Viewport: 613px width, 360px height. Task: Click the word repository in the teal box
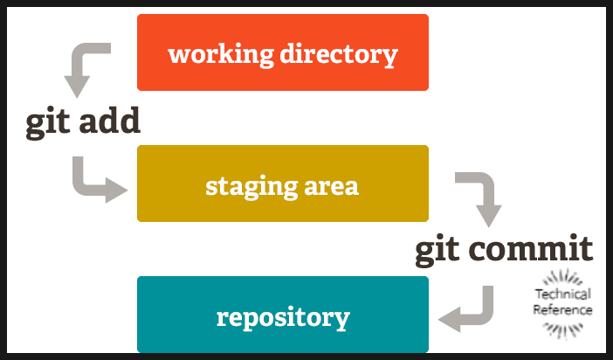tap(283, 317)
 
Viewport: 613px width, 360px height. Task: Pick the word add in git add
tap(108, 121)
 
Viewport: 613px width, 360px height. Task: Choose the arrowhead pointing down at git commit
tap(487, 215)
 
